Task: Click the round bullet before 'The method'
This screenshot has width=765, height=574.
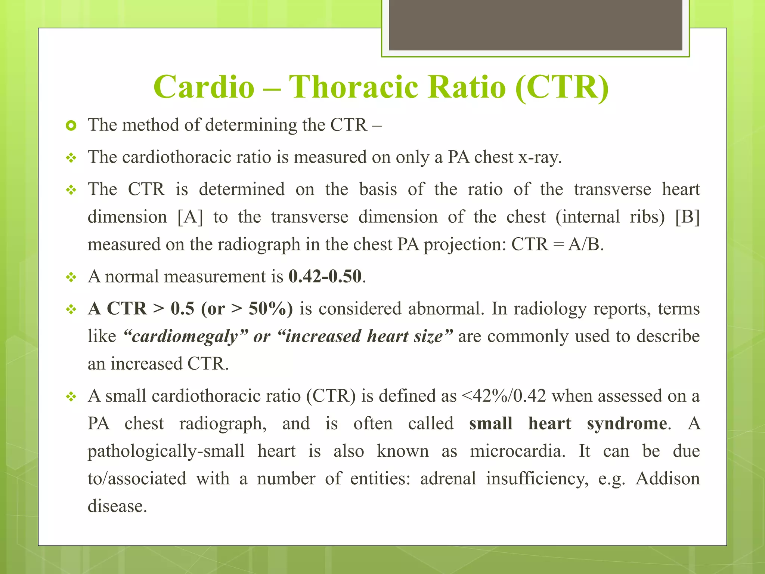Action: click(71, 126)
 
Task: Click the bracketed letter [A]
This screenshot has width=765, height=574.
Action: click(190, 217)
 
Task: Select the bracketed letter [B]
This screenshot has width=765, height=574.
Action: click(687, 217)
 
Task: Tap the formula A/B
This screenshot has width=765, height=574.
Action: click(585, 245)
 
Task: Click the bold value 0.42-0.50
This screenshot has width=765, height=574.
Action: click(325, 277)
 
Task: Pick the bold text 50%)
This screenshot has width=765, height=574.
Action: click(270, 309)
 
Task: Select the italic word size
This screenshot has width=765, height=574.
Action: click(430, 336)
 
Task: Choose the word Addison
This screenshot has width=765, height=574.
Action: click(668, 479)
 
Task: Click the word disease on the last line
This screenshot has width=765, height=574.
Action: click(117, 506)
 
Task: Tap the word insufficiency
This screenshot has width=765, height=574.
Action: click(537, 479)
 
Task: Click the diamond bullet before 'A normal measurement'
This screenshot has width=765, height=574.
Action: click(71, 277)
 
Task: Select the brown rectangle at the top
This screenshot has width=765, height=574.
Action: click(535, 25)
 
